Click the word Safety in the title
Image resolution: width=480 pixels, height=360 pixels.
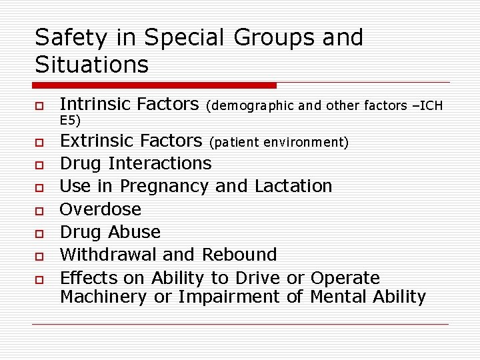[x=71, y=38]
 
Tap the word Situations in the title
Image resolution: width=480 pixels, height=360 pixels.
[x=91, y=65]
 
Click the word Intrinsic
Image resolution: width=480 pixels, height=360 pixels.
[x=96, y=104]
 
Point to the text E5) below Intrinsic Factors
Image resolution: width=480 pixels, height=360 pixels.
[x=70, y=120]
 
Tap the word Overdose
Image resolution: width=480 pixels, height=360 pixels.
[x=101, y=209]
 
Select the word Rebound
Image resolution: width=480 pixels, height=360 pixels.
[x=239, y=255]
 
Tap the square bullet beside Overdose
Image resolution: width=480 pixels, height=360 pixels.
[x=40, y=210]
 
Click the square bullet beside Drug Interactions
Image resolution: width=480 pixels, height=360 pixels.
[x=40, y=164]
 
